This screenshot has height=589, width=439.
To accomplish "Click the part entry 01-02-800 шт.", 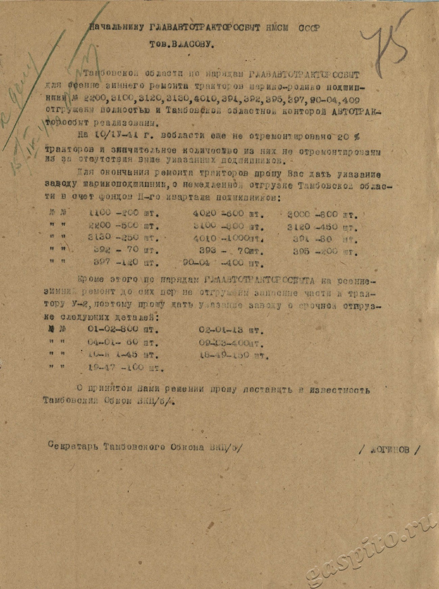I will pos(123,329).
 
